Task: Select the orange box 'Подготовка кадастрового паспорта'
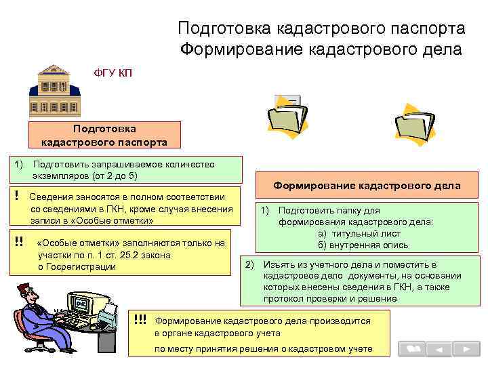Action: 104,135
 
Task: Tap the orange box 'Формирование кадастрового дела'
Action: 367,185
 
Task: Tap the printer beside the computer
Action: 110,314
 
